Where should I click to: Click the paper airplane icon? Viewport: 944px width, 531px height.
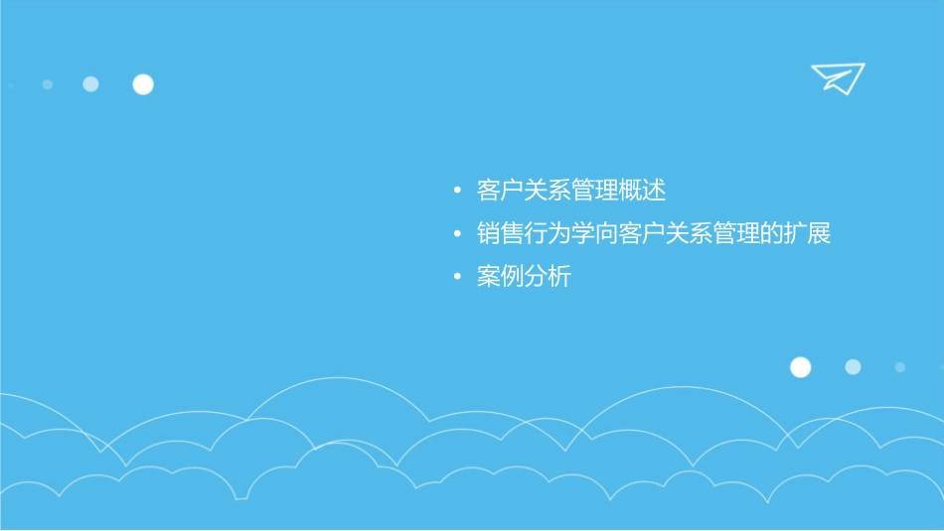[837, 77]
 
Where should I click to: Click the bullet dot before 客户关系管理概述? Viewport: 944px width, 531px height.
[456, 190]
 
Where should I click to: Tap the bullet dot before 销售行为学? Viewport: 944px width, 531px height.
[456, 234]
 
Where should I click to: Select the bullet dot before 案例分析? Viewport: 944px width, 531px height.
[456, 278]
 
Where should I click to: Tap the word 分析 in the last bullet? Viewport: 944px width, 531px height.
[548, 278]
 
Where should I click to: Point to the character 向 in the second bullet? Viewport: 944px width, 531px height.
[606, 234]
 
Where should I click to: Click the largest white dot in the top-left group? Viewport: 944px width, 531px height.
[143, 84]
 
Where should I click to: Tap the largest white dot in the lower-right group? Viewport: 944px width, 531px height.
[800, 367]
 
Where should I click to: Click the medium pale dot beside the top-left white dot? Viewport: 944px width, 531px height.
[90, 84]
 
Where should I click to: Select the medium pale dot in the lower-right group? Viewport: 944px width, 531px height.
[853, 367]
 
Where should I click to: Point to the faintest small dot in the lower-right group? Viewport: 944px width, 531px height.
[899, 367]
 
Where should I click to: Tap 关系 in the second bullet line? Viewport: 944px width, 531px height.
[689, 234]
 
